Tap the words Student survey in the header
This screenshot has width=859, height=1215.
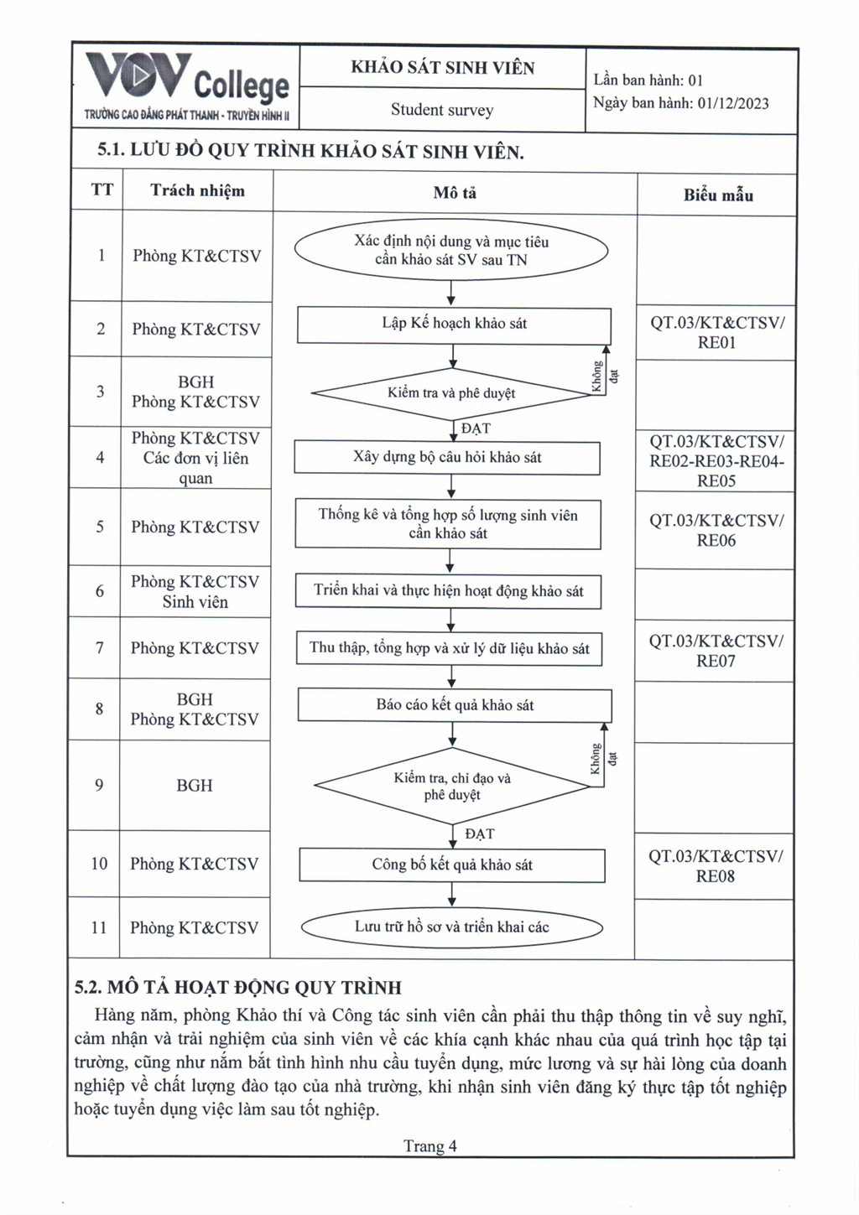pyautogui.click(x=442, y=110)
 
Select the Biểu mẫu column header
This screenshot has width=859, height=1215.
pyautogui.click(x=718, y=195)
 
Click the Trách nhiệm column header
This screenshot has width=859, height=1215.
pyautogui.click(x=197, y=191)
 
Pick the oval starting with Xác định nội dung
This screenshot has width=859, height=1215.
pyautogui.click(x=450, y=251)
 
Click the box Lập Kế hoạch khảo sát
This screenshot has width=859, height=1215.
pyautogui.click(x=454, y=324)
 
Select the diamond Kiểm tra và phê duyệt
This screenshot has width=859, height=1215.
pyautogui.click(x=451, y=393)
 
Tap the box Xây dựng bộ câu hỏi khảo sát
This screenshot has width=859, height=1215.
pyautogui.click(x=447, y=458)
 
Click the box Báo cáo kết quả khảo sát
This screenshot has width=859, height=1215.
pyautogui.click(x=455, y=705)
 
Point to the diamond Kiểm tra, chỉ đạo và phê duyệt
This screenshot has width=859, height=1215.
pyautogui.click(x=451, y=787)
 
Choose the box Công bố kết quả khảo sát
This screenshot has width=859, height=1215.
pyautogui.click(x=452, y=865)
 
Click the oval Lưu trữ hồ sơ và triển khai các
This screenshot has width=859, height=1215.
pyautogui.click(x=451, y=927)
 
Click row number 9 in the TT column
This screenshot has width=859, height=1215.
pyautogui.click(x=99, y=786)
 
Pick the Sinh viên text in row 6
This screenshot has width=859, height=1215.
pyautogui.click(x=195, y=602)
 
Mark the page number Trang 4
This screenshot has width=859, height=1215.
pyautogui.click(x=429, y=1146)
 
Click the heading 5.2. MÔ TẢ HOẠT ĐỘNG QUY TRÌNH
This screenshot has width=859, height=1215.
pyautogui.click(x=238, y=988)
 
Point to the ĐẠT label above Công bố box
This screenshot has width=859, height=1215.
pyautogui.click(x=480, y=834)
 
